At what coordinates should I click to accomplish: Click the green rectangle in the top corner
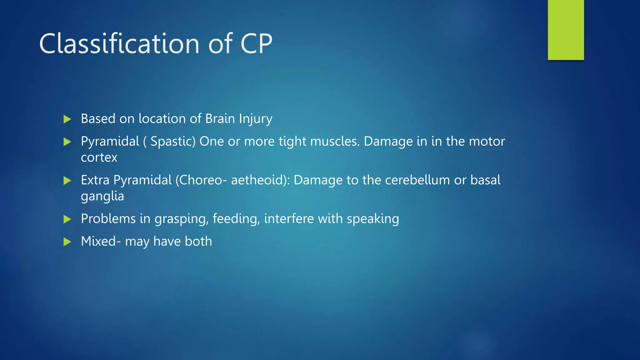coord(566,30)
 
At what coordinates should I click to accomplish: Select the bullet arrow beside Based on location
coord(67,119)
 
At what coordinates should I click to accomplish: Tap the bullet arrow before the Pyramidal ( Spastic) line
coord(67,142)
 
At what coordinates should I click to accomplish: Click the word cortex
coord(99,157)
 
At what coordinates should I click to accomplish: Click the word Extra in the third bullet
coord(95,180)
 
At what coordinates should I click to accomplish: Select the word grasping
coord(181,219)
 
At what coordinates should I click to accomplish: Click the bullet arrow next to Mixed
coord(67,242)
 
